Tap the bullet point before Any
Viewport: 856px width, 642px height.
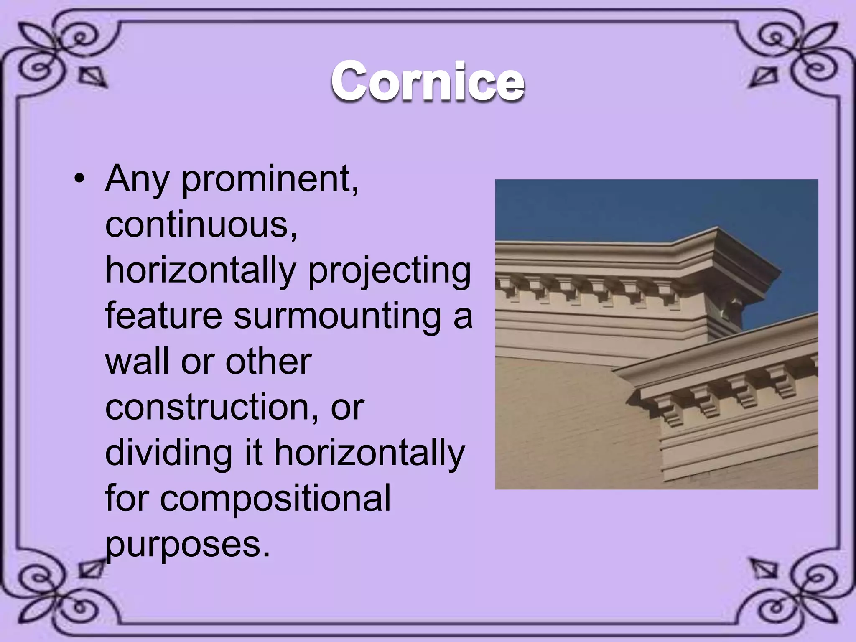[x=78, y=180]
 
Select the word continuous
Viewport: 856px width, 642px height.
[x=201, y=225]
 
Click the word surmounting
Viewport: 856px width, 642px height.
[x=337, y=316]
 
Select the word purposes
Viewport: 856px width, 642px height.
[x=188, y=545]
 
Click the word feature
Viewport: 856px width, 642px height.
[x=163, y=316]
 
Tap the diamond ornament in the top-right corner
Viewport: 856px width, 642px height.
[x=763, y=77]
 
